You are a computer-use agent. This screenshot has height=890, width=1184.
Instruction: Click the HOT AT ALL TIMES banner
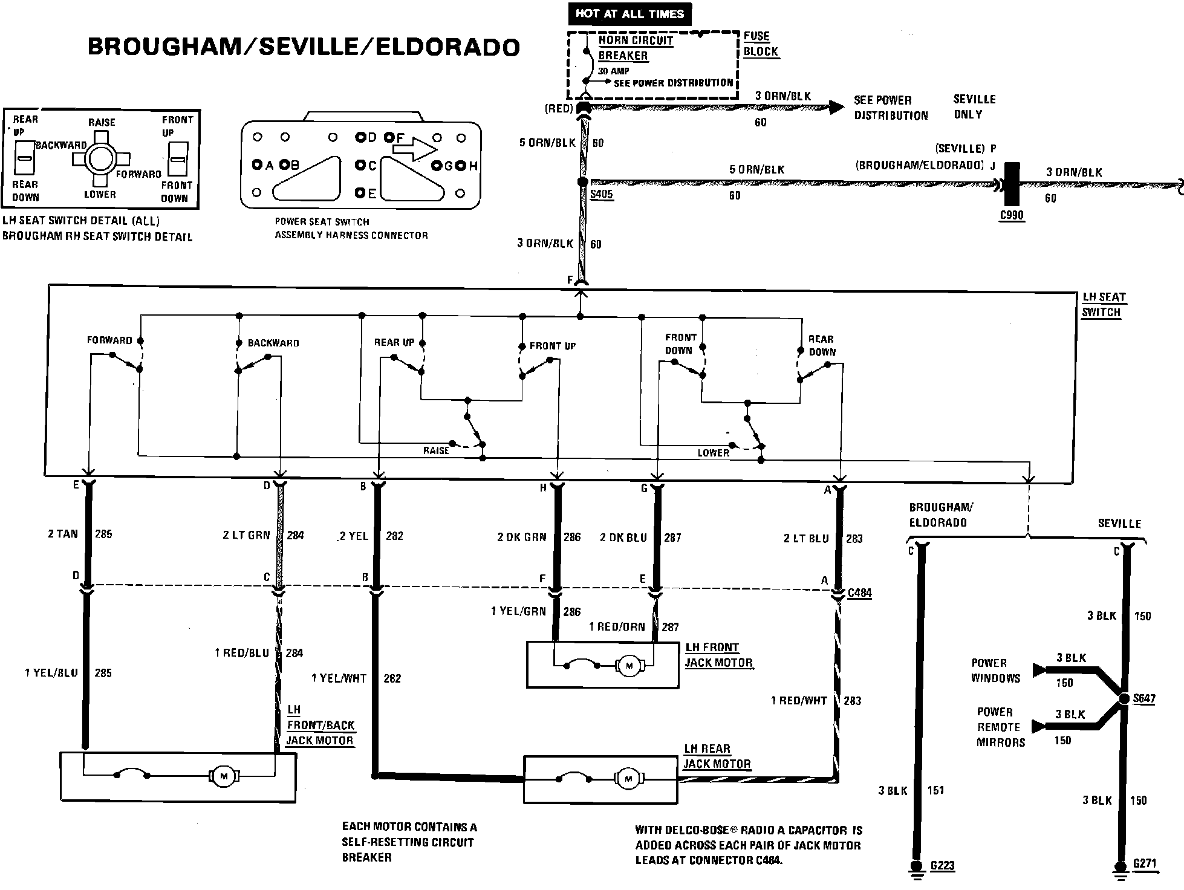[x=629, y=13]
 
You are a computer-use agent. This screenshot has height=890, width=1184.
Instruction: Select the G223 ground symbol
[x=917, y=866]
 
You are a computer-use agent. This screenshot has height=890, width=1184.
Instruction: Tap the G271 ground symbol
[x=1121, y=866]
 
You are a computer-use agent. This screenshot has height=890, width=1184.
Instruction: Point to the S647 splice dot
[x=1124, y=698]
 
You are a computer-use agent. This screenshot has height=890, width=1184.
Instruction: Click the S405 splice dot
[x=582, y=181]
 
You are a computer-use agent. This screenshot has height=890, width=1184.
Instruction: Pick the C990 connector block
[x=1012, y=184]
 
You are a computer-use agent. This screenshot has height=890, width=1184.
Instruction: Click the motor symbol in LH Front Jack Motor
[x=629, y=666]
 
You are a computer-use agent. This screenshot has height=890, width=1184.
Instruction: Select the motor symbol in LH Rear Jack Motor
[x=628, y=779]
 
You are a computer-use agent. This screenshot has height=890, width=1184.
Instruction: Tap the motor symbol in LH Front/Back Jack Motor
[x=224, y=776]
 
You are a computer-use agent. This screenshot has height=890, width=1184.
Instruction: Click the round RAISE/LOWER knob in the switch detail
[x=100, y=160]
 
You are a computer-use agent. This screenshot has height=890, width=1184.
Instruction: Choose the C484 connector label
[x=859, y=593]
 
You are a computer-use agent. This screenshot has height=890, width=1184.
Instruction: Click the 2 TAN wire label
[x=63, y=534]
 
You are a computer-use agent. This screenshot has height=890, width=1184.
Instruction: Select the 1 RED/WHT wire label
[x=799, y=701]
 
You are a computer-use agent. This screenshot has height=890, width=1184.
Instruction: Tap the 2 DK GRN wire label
[x=521, y=537]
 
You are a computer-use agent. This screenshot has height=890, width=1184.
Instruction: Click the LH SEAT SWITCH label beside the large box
[x=1103, y=305]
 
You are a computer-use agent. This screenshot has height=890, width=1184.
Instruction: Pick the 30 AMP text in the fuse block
[x=614, y=71]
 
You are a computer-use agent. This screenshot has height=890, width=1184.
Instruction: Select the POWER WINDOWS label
[x=995, y=671]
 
